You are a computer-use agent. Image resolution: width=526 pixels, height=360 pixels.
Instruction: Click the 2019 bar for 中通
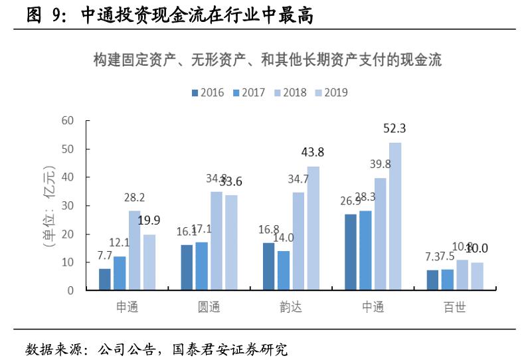point(395,217)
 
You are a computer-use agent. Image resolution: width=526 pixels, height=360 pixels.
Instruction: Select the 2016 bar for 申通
point(105,280)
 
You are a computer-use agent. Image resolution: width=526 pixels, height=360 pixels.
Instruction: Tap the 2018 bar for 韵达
point(298,241)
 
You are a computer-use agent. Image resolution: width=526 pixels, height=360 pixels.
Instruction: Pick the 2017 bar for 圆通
point(202,266)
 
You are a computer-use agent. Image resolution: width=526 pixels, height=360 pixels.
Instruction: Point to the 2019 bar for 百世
point(478,276)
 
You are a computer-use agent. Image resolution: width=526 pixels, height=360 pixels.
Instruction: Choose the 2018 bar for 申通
point(135,250)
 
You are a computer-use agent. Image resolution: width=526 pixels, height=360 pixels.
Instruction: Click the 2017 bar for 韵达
point(284,270)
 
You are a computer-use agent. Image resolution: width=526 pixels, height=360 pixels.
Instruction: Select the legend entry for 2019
point(329,93)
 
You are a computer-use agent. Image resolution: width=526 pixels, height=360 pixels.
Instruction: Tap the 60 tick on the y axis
point(68,121)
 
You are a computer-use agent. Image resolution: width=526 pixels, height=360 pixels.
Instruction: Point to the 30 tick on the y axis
point(68,206)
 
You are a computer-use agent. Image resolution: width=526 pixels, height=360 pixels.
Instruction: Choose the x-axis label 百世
point(455,308)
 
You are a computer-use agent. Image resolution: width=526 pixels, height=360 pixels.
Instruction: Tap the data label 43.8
point(313,153)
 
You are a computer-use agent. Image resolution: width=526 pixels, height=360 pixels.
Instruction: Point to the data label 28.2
point(134,197)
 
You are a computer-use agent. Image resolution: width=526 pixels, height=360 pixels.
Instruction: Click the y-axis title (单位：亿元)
point(48,206)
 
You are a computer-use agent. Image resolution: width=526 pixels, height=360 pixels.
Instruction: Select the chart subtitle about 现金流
point(267,61)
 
